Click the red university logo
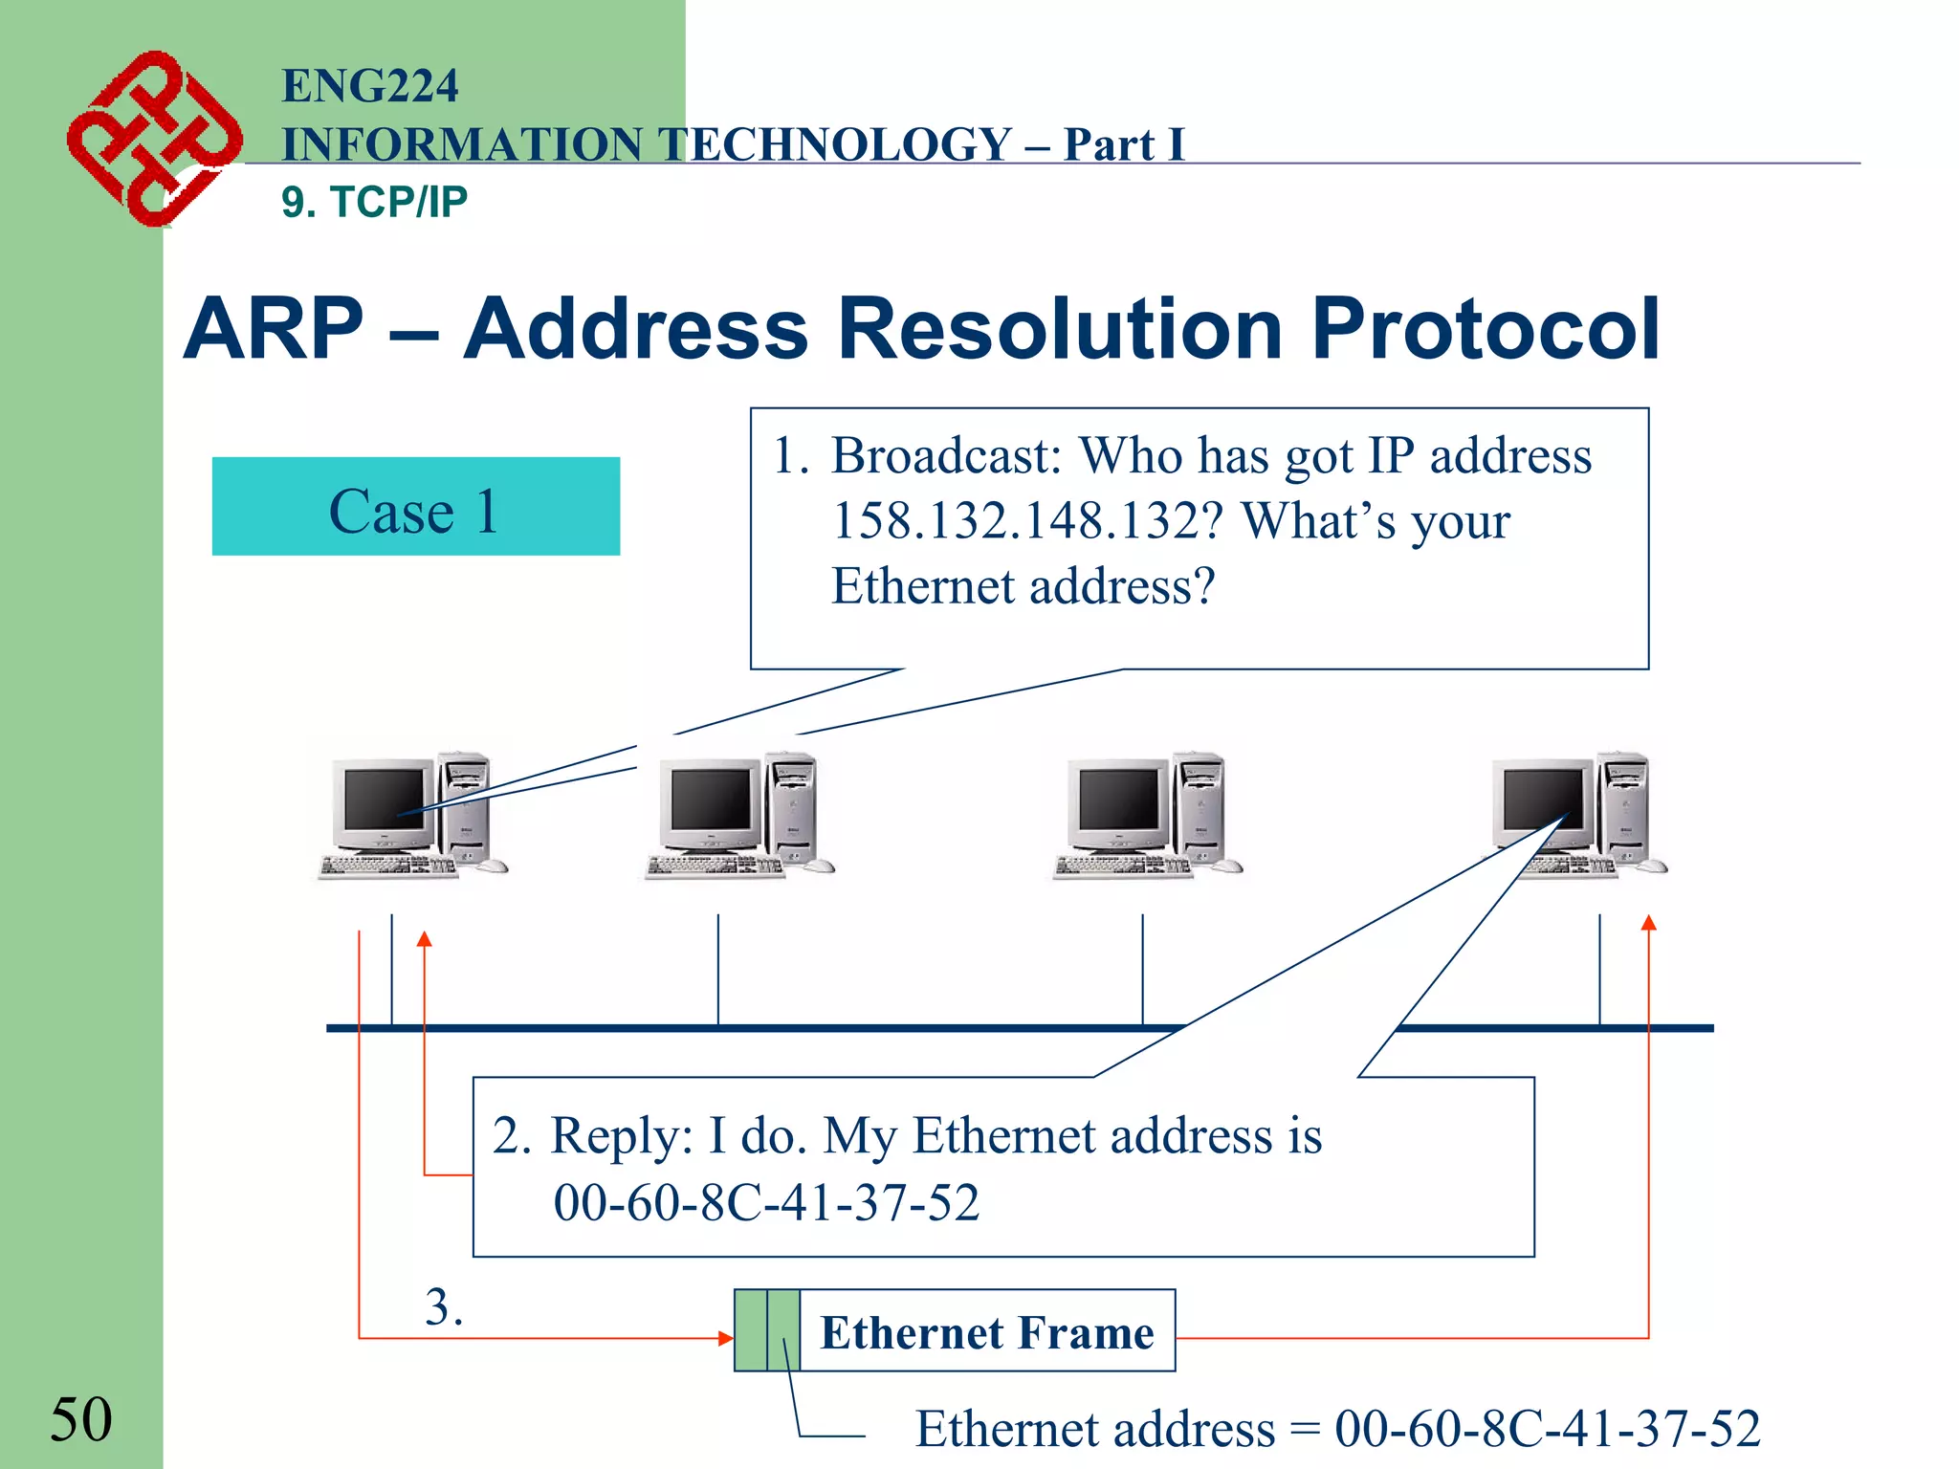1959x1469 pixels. (153, 140)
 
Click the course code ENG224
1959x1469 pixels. (369, 86)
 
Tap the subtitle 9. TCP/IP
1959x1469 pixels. (374, 202)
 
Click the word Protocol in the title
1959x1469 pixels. (1485, 329)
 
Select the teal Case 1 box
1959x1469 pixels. (415, 507)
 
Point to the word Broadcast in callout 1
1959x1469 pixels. (945, 456)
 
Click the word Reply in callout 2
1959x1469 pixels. (620, 1136)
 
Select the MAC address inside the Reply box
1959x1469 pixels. (766, 1202)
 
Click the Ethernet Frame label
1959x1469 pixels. (986, 1332)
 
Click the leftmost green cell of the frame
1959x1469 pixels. (751, 1330)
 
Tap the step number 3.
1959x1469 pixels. (443, 1306)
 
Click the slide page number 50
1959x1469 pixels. (80, 1419)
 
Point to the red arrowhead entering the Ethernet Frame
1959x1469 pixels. (726, 1338)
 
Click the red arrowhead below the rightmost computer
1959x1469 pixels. (1648, 923)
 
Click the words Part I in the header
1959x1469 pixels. (1123, 145)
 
